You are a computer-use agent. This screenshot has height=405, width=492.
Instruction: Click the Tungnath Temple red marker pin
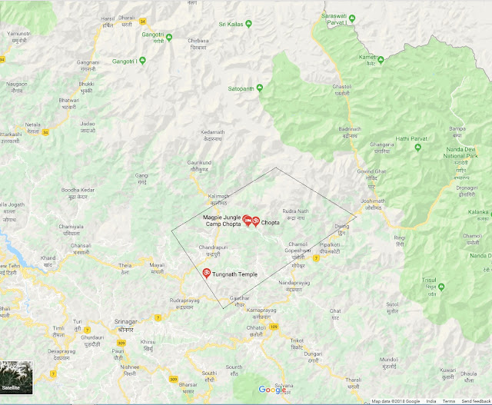pyautogui.click(x=206, y=273)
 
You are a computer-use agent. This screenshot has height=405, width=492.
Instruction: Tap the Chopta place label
pyautogui.click(x=270, y=222)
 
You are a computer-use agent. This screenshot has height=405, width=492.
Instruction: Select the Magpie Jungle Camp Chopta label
pyautogui.click(x=222, y=221)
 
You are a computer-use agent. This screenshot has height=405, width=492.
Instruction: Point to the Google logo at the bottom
pyautogui.click(x=272, y=390)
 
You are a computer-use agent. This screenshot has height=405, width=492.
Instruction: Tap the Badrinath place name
pyautogui.click(x=348, y=128)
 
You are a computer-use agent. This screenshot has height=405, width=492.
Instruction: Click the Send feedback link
pyautogui.click(x=476, y=401)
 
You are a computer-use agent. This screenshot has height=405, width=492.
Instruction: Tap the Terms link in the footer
pyautogui.click(x=448, y=401)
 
